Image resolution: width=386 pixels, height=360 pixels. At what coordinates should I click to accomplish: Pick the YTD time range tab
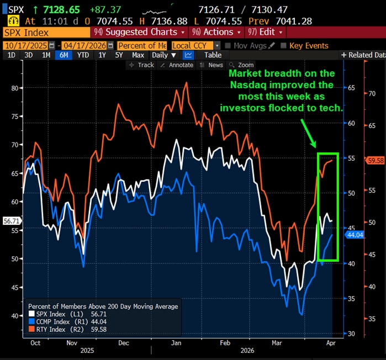[x=83, y=55]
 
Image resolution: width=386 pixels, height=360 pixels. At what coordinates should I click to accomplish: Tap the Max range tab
[x=138, y=55]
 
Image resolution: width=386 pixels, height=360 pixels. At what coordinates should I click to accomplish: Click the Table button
[x=213, y=55]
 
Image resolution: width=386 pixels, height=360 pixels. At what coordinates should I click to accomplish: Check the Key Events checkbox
[x=284, y=46]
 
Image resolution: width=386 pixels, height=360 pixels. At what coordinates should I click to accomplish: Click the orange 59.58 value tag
[x=375, y=161]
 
